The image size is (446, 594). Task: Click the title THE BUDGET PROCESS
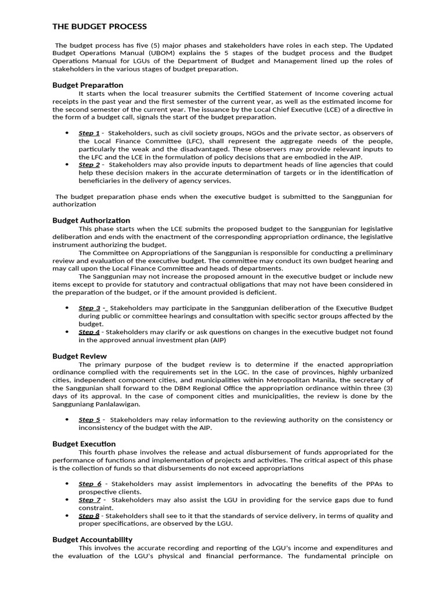tap(99, 27)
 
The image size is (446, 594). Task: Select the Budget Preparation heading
tap(88, 85)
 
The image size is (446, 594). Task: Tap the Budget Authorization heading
tap(91, 220)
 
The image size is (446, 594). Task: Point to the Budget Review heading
tap(80, 356)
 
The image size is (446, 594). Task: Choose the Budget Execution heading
tap(84, 444)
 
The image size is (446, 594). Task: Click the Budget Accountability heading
tap(92, 539)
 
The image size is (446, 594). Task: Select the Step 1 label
tap(89, 133)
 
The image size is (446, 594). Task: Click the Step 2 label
tap(89, 165)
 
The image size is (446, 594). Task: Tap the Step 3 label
tap(89, 308)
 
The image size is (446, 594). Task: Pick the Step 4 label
tap(89, 332)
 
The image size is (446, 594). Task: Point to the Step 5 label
tap(89, 419)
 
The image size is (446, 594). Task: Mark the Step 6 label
tap(90, 483)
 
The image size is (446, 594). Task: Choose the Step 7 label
tap(89, 499)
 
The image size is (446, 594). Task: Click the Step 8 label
tap(89, 516)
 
